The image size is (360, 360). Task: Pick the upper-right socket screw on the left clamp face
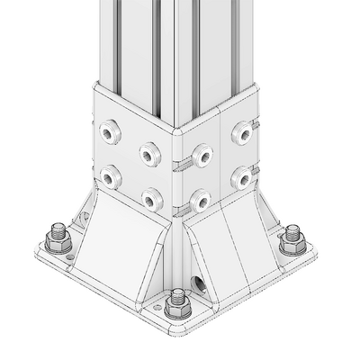pos(148,153)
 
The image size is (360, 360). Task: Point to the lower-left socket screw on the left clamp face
pos(111,177)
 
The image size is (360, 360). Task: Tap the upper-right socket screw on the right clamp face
pos(241,133)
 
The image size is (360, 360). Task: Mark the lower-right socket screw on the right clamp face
pos(241,177)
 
